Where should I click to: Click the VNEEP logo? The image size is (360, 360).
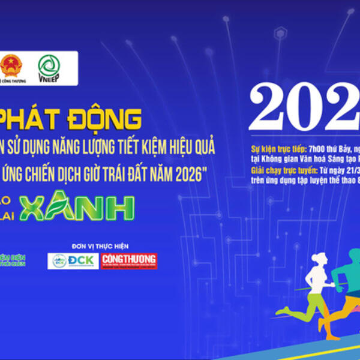49,67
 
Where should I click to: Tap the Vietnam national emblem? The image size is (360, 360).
10,65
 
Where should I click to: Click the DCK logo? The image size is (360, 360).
73,260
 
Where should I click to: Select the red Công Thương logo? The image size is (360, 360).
129,260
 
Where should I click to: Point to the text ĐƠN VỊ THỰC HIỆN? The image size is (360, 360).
100,246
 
